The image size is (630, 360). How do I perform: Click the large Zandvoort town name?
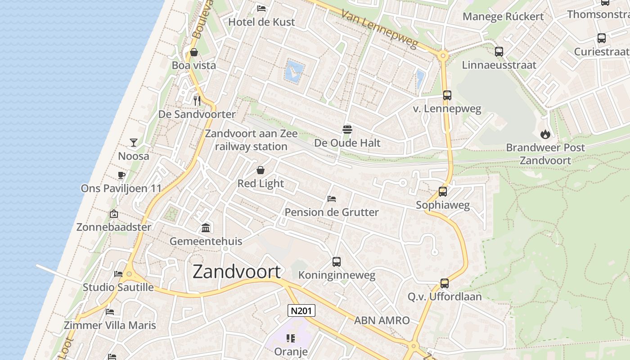click(x=237, y=271)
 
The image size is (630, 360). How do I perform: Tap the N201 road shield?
click(x=301, y=310)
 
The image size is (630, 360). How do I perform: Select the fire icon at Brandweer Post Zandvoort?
click(x=545, y=134)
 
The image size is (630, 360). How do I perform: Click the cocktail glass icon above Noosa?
click(x=134, y=143)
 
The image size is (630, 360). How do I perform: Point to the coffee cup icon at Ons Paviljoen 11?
click(x=121, y=175)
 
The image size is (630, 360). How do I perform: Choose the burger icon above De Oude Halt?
click(x=347, y=130)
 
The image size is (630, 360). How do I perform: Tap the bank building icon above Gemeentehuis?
click(x=206, y=228)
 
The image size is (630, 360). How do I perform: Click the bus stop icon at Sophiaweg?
click(x=443, y=192)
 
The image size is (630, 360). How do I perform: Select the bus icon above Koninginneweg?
click(x=337, y=261)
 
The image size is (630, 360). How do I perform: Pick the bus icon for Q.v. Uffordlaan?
click(x=445, y=283)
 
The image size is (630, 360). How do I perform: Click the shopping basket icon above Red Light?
click(x=261, y=170)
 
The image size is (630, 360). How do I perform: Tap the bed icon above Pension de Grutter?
click(x=332, y=198)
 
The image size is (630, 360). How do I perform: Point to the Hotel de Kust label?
click(x=261, y=22)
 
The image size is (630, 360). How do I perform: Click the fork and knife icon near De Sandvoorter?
click(x=197, y=100)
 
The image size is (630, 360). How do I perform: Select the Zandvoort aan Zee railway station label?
click(x=251, y=140)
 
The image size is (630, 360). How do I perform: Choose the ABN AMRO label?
click(x=382, y=320)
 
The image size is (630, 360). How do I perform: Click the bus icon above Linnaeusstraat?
click(x=499, y=51)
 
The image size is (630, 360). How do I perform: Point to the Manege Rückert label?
click(x=503, y=17)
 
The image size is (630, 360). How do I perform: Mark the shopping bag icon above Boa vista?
click(x=194, y=52)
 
